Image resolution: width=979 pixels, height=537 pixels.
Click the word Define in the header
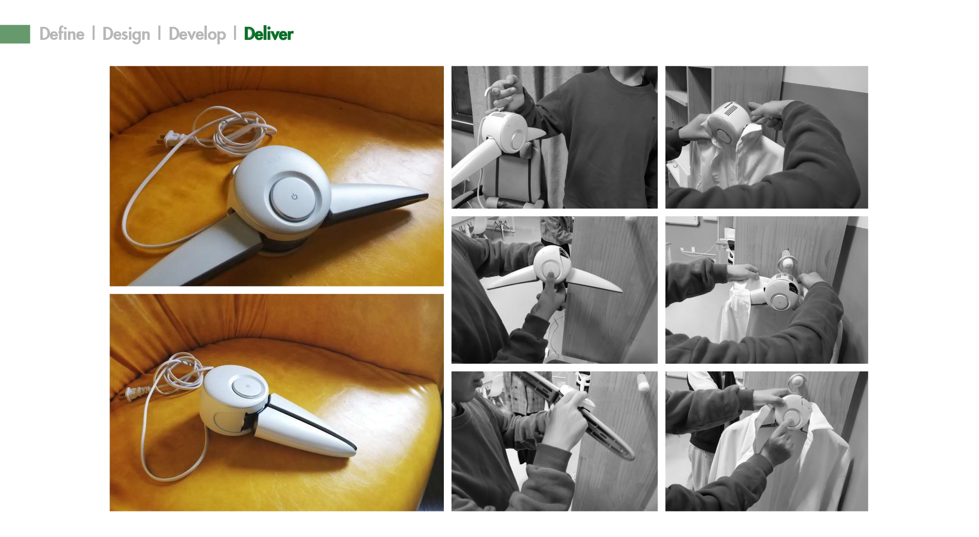62,34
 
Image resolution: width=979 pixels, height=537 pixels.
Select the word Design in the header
126,34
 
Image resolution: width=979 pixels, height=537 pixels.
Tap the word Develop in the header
197,34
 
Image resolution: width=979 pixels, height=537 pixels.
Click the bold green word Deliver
268,34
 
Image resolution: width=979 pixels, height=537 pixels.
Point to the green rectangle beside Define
15,34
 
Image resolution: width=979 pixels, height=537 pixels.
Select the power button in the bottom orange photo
247,386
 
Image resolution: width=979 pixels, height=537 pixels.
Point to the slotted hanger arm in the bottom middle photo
609,430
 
